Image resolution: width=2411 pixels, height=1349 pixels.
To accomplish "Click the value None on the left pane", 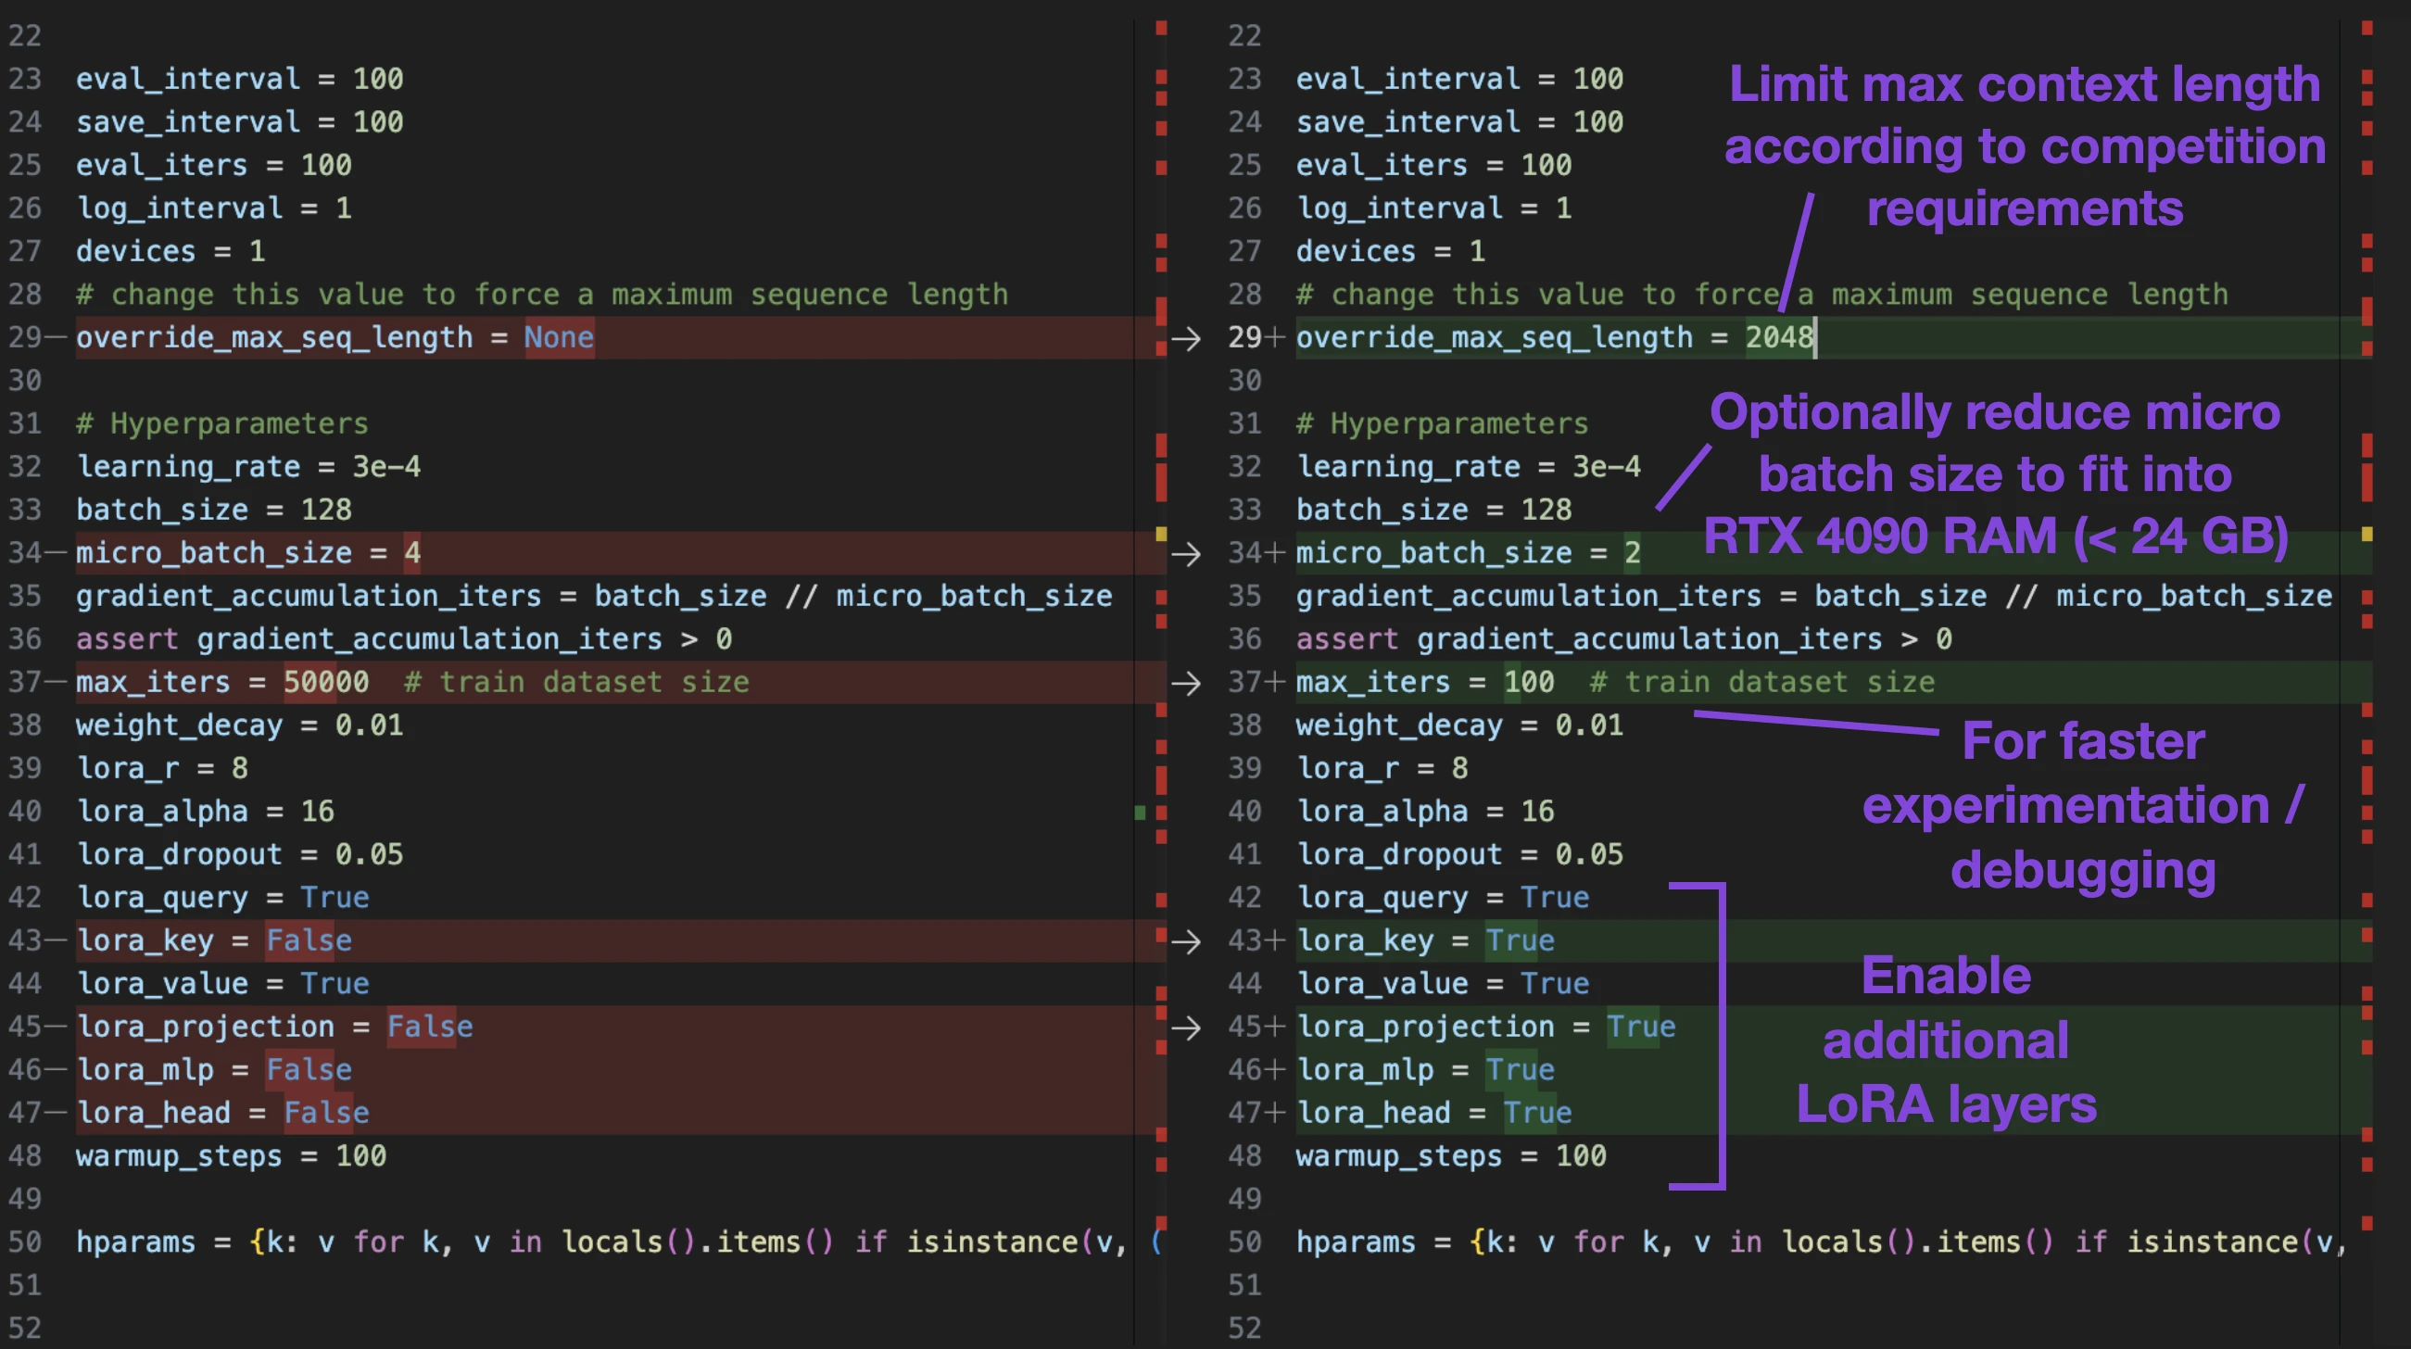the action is pyautogui.click(x=559, y=337).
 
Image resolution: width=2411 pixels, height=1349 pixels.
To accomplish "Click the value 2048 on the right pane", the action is pyautogui.click(x=1779, y=337).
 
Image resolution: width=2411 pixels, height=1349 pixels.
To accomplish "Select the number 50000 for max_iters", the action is pyautogui.click(x=327, y=682).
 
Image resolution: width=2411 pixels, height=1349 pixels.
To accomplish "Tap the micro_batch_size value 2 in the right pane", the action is pyautogui.click(x=1633, y=552).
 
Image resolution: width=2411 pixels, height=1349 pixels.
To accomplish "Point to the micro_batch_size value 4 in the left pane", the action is pyautogui.click(x=411, y=552).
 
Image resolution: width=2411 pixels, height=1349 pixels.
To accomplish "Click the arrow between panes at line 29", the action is pyautogui.click(x=1186, y=338).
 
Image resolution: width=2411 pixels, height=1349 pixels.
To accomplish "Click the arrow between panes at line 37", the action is pyautogui.click(x=1186, y=683).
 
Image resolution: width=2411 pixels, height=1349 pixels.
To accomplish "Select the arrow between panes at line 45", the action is pyautogui.click(x=1186, y=1027).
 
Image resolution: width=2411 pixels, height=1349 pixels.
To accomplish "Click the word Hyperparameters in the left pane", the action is pyautogui.click(x=240, y=423).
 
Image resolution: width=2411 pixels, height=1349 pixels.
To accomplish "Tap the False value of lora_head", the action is pyautogui.click(x=327, y=1112).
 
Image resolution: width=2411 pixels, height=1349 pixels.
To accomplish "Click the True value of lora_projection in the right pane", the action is pyautogui.click(x=1642, y=1026).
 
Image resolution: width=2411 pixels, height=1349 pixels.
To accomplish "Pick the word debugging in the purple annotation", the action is pyautogui.click(x=2083, y=871).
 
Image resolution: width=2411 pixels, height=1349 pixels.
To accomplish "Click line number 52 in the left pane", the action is pyautogui.click(x=25, y=1328).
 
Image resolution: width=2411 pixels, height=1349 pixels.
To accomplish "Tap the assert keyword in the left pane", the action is pyautogui.click(x=127, y=638).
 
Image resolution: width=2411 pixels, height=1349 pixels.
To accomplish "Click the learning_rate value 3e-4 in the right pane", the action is pyautogui.click(x=1606, y=466).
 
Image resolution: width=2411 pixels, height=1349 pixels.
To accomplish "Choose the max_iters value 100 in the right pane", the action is pyautogui.click(x=1529, y=682).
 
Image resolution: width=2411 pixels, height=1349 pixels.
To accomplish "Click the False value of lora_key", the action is pyautogui.click(x=309, y=939).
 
